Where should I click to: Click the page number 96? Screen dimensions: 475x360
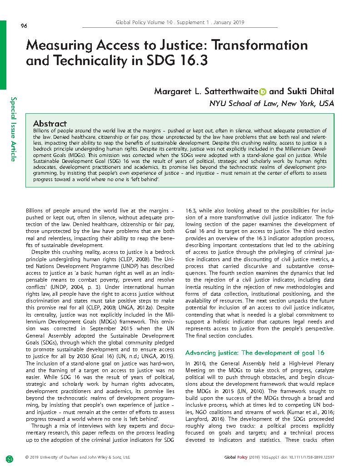pyautogui.click(x=24, y=26)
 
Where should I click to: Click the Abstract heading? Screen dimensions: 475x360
pyautogui.click(x=50, y=124)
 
